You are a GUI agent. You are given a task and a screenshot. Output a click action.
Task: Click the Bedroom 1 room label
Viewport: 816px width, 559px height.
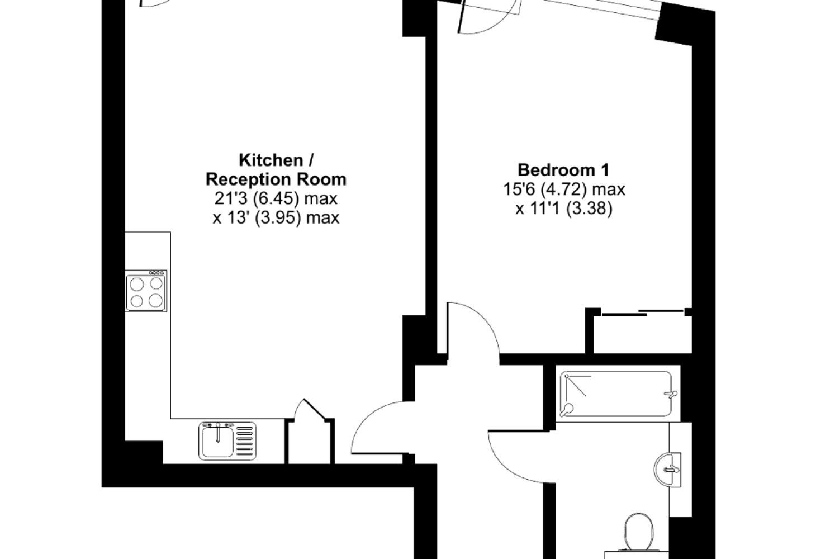coord(563,170)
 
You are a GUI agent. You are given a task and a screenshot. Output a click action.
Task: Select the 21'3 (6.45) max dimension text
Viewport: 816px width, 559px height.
coord(276,198)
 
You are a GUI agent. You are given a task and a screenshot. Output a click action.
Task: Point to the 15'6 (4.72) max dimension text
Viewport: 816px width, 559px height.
coord(564,189)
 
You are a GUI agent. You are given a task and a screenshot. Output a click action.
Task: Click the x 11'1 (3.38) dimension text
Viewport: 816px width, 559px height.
coord(564,209)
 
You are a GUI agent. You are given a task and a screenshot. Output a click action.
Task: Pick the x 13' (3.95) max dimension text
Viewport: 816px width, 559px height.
coord(276,218)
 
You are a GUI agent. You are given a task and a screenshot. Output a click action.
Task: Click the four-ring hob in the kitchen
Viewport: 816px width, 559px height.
coord(146,291)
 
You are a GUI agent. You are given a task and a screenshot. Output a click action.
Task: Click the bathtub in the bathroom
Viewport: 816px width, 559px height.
coord(617,394)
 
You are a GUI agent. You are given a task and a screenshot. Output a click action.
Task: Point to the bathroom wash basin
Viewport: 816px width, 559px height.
coord(667,470)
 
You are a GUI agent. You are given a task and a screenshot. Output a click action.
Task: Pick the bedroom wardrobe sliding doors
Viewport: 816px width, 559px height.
coord(643,312)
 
